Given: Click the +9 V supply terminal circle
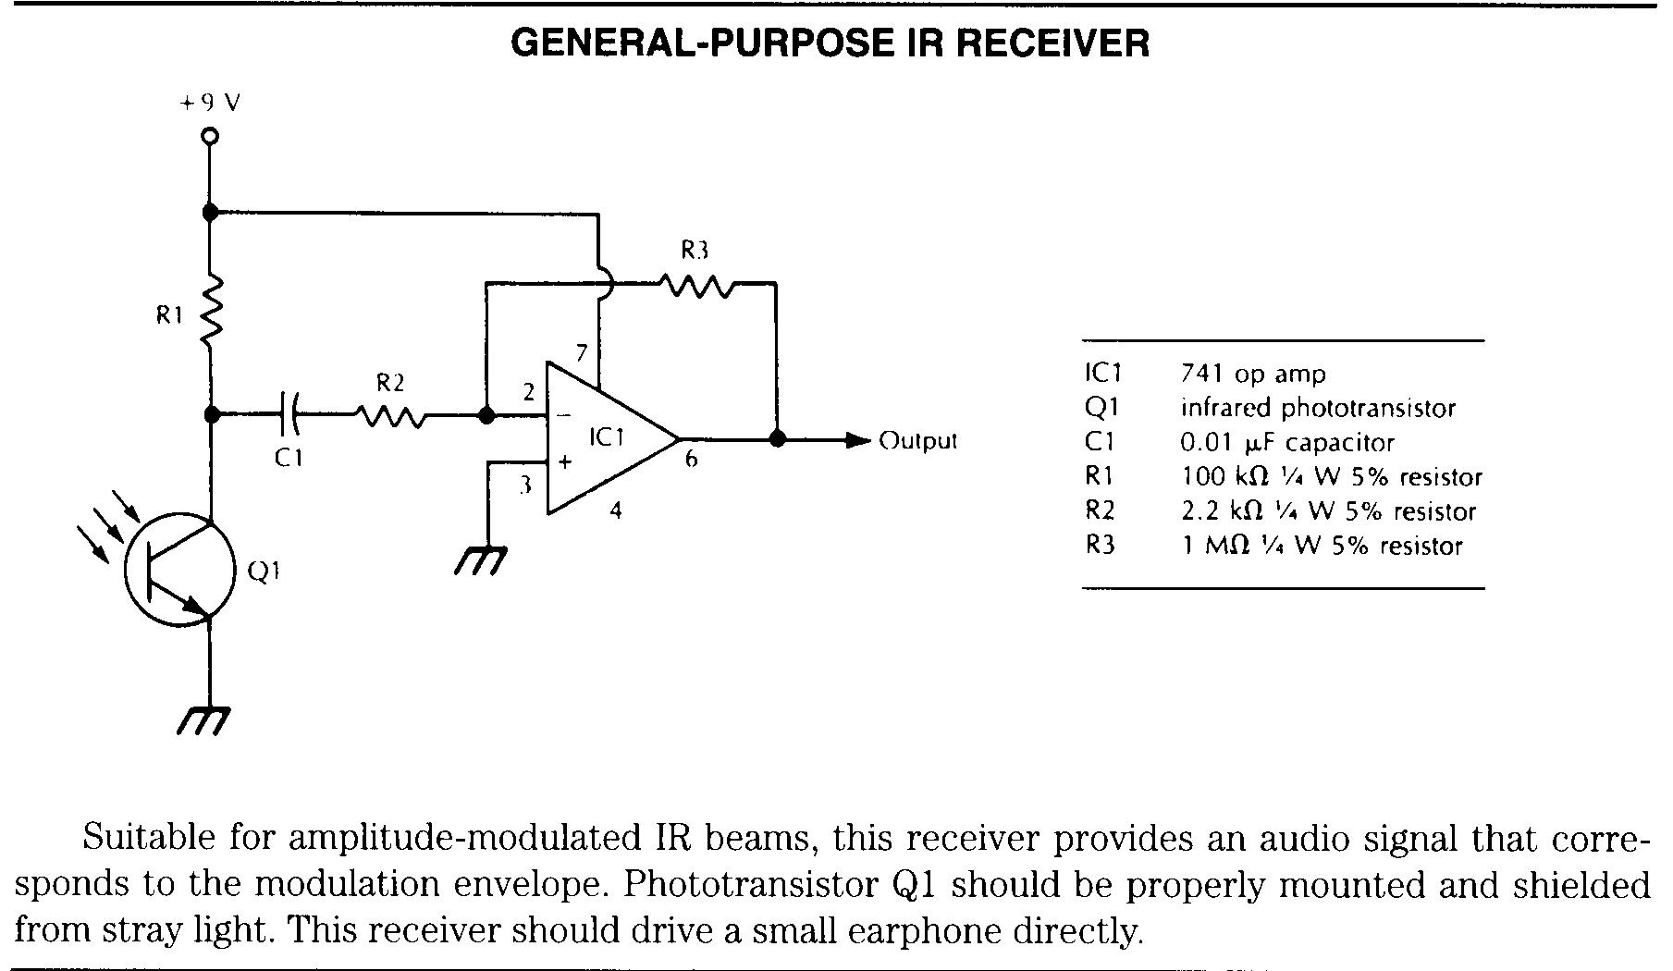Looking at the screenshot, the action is (210, 137).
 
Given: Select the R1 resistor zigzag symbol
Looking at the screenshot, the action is (211, 308).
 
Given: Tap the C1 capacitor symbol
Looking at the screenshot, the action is (289, 414).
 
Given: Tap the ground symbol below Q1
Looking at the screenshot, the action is (203, 720).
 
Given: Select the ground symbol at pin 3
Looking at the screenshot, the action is (482, 561).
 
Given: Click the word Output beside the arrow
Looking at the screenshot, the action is (917, 440).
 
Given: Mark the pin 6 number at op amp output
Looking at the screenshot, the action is (691, 459).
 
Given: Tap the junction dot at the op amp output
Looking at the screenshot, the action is (777, 439).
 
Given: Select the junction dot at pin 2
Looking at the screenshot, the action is (486, 416).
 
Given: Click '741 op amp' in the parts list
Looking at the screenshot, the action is (1253, 375).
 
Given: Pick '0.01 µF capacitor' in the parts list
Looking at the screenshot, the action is (1287, 443).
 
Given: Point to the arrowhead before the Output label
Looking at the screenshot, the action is (860, 440).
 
